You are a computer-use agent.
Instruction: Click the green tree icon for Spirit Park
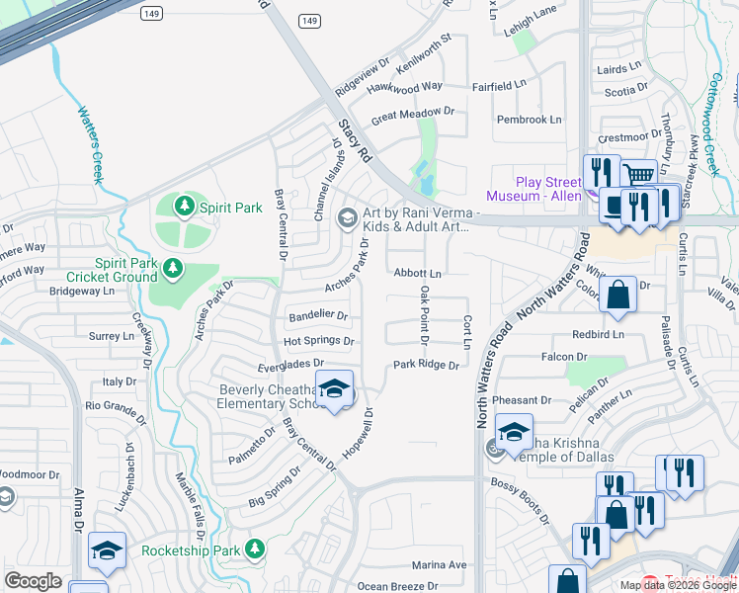pos(183,207)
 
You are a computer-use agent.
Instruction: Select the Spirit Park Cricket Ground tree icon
pos(173,268)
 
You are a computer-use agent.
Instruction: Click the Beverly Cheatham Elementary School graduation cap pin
pos(334,388)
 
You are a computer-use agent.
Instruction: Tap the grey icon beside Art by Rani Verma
pos(347,217)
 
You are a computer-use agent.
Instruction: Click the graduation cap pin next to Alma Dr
pos(107,551)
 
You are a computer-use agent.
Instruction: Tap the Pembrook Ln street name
pos(529,120)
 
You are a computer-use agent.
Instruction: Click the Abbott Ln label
pos(418,273)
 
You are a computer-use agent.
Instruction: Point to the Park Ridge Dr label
pos(427,365)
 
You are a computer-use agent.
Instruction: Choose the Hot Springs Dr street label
pos(318,341)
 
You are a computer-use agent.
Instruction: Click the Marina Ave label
pos(439,565)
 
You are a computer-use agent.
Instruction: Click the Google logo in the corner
pos(33,580)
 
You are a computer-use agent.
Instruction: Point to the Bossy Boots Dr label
pos(520,499)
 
